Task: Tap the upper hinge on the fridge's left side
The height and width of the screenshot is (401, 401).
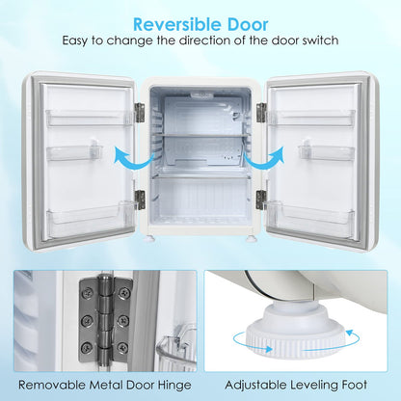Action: point(140,112)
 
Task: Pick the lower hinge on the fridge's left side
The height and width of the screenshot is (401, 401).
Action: point(140,200)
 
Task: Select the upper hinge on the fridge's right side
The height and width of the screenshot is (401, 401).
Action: point(260,112)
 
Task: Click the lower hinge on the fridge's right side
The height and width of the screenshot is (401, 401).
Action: point(260,200)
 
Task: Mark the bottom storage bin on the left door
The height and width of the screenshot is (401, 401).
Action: point(89,219)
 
